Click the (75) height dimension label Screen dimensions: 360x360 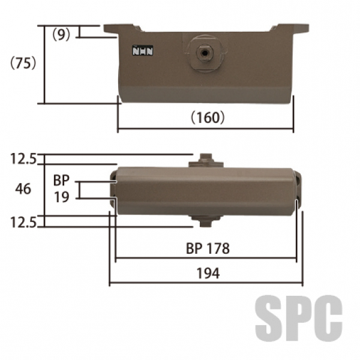tap(23, 63)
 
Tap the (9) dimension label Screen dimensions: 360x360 tap(61, 35)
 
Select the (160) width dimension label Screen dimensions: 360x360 tap(208, 118)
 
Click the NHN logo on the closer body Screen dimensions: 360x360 tap(143, 50)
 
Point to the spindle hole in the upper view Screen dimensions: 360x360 tap(205, 53)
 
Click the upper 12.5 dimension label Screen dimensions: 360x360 tap(23, 159)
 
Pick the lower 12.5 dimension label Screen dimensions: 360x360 tap(23, 223)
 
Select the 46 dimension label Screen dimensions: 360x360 tap(23, 189)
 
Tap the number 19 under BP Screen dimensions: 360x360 tap(62, 197)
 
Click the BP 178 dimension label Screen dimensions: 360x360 tap(208, 248)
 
